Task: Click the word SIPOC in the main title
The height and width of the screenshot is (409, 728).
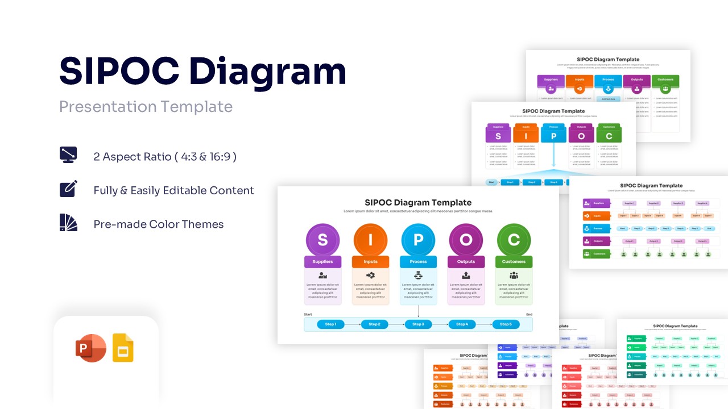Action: (119, 72)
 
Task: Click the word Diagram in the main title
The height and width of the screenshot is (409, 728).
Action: (267, 73)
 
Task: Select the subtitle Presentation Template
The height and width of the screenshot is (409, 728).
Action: (146, 107)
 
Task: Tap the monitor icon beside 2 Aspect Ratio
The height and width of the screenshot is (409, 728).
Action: (68, 155)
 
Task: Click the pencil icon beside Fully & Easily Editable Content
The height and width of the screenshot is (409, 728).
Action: (68, 189)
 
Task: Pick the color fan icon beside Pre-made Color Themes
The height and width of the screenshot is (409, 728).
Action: (68, 223)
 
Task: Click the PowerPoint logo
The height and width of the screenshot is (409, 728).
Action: (90, 348)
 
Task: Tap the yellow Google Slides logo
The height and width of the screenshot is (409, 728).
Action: (123, 348)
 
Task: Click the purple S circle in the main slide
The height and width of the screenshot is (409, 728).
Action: (322, 240)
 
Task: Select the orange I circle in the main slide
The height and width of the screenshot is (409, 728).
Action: (370, 240)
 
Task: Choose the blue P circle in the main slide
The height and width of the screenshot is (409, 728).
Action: (418, 240)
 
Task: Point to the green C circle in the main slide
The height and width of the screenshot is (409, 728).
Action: (514, 240)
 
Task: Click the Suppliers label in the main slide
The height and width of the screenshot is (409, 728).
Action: (322, 262)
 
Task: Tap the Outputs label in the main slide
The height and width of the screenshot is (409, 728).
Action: (466, 262)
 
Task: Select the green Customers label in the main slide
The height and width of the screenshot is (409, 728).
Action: (514, 262)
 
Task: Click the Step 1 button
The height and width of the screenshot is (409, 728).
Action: (330, 324)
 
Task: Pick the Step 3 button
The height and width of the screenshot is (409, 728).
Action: (418, 324)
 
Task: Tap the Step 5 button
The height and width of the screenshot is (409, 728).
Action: (505, 324)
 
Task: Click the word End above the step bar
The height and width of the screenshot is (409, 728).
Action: (529, 314)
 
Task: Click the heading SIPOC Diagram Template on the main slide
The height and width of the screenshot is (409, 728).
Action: (418, 203)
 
